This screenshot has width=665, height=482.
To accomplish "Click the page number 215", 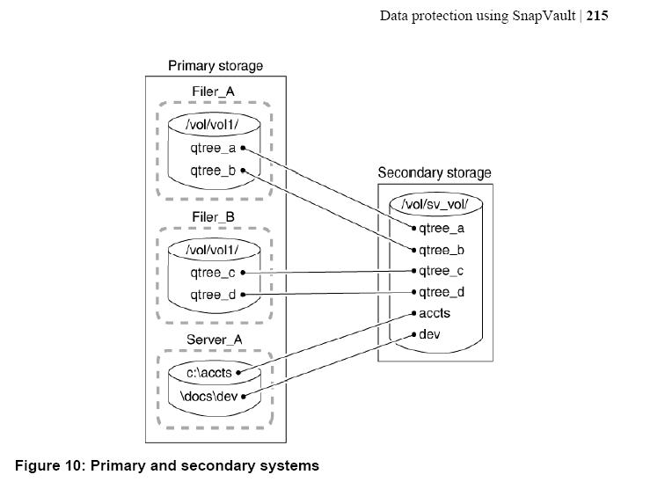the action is [x=597, y=16].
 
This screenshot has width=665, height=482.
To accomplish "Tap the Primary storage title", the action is [x=216, y=66].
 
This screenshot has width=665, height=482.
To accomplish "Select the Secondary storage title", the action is [x=435, y=172].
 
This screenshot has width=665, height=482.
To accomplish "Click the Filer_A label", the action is [x=214, y=91].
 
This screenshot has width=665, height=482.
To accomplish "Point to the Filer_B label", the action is [x=214, y=217].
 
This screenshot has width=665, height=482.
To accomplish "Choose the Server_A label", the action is [x=214, y=340].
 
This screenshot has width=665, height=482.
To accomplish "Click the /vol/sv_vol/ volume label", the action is [x=435, y=204].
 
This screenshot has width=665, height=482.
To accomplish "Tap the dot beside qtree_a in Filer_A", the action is [x=243, y=148].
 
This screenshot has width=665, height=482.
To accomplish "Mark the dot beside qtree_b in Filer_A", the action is [x=243, y=171].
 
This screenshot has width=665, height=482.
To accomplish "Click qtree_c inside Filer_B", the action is [x=213, y=273].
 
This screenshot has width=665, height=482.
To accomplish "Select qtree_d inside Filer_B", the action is [x=213, y=295].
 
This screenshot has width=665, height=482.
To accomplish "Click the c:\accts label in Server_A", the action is [x=209, y=373].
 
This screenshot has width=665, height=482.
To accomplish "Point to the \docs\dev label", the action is [x=208, y=397].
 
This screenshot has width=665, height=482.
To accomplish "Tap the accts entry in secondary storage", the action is [x=435, y=313].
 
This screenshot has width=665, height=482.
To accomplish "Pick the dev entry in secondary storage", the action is [x=429, y=334].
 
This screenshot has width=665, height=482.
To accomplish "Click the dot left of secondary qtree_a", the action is [x=414, y=229].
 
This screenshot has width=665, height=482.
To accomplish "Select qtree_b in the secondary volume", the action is [x=442, y=251].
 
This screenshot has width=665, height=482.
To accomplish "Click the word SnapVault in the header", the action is [x=544, y=16].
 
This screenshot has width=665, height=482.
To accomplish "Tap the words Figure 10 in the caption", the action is [x=50, y=465].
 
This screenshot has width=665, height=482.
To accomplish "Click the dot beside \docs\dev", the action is [x=244, y=397].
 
